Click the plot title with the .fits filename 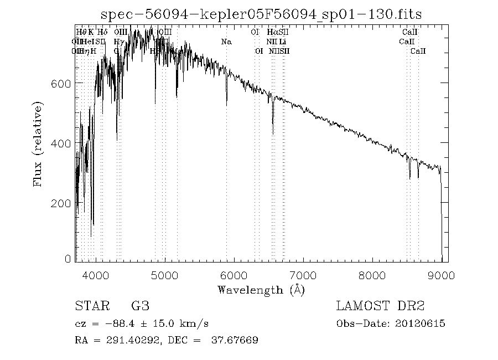[x=261, y=14]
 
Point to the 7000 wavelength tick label [x=303, y=275]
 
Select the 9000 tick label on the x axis [x=441, y=275]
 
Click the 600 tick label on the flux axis [x=60, y=83]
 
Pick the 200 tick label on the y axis [x=60, y=203]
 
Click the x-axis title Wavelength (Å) [x=261, y=290]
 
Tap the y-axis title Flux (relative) [x=38, y=143]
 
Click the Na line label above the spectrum [x=226, y=42]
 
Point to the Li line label [x=283, y=42]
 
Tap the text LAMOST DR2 [x=380, y=306]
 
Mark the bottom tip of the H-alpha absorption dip [x=273, y=133]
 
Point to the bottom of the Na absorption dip [x=226, y=104]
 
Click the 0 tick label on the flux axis [x=69, y=259]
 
